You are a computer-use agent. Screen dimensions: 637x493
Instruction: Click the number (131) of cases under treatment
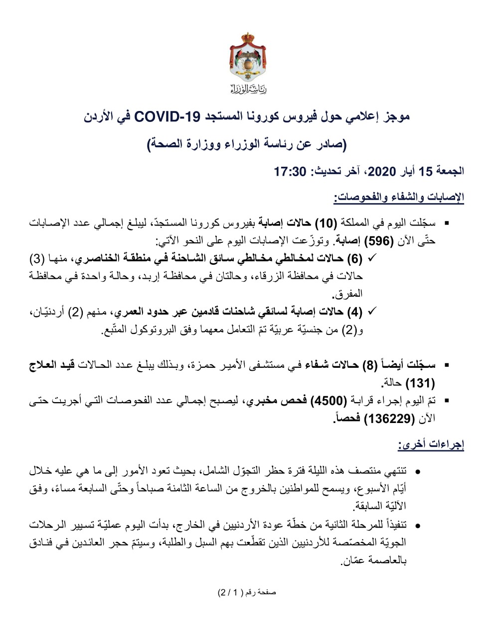click(420, 383)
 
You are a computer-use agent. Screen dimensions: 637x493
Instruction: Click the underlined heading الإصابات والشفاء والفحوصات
click(399, 198)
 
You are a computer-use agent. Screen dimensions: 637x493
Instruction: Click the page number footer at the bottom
click(246, 593)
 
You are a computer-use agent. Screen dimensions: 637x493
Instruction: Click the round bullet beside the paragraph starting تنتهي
click(418, 471)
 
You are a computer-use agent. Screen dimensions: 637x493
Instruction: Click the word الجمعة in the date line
click(450, 172)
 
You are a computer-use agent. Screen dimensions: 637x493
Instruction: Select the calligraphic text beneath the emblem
click(248, 90)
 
